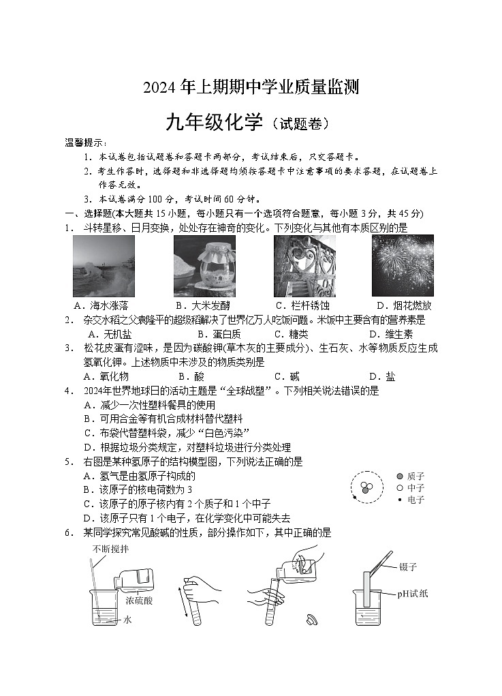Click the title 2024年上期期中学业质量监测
[x=251, y=87]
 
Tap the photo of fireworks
[x=403, y=266]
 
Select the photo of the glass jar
[x=204, y=266]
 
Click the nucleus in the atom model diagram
[x=366, y=487]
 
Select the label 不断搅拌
[x=111, y=549]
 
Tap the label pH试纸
[x=413, y=594]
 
